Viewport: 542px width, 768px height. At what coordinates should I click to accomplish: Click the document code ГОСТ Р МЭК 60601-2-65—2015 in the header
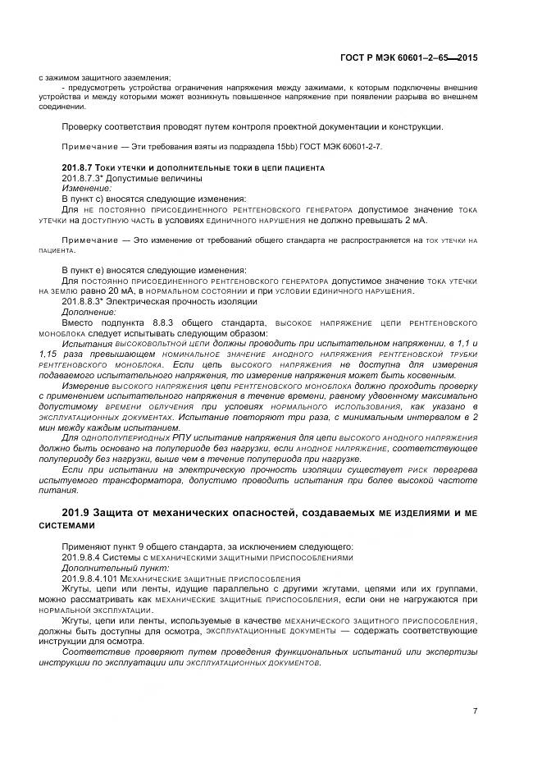point(409,58)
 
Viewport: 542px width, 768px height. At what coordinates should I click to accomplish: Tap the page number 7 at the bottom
point(475,711)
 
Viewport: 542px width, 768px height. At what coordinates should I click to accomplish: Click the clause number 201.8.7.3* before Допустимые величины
point(83,178)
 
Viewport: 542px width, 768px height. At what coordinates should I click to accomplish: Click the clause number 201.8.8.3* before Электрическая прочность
point(83,301)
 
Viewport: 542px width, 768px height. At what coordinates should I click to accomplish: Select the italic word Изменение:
point(85,189)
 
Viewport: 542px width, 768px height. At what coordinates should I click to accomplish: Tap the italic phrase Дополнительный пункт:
point(103,568)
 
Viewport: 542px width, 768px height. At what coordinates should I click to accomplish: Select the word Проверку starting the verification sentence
point(84,127)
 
